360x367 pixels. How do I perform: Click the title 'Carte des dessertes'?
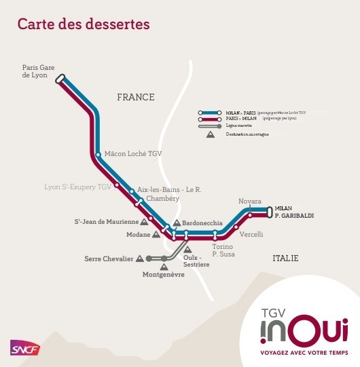(x=83, y=24)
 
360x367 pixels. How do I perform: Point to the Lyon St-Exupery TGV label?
(x=77, y=186)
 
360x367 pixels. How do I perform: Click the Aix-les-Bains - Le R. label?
(x=169, y=189)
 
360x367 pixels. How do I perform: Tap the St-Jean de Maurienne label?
(x=106, y=221)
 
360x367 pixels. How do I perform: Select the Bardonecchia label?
(x=202, y=223)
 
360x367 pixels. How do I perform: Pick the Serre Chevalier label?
(x=109, y=258)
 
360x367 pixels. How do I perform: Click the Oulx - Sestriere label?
(x=196, y=261)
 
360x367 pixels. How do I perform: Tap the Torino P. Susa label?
(x=223, y=250)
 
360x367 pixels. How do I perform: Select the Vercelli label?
(x=251, y=234)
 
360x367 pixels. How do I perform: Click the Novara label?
(x=249, y=201)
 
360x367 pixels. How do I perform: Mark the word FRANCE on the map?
(x=136, y=97)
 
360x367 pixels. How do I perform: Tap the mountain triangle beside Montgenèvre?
(x=164, y=267)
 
